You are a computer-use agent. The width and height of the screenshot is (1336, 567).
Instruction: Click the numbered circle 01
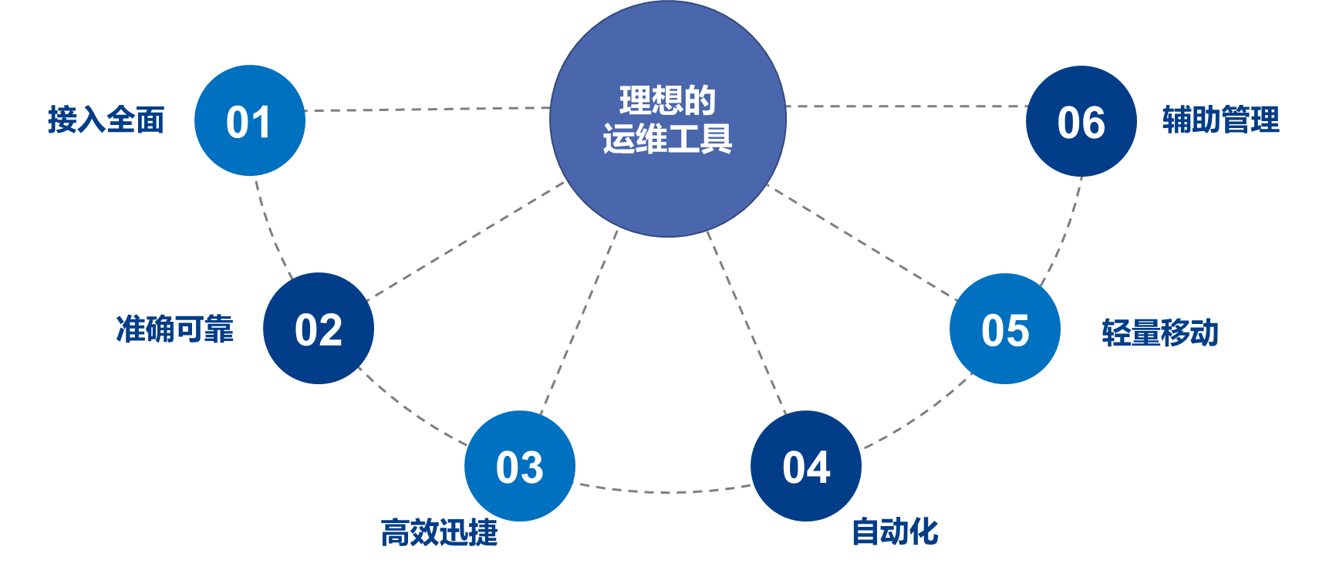pos(250,120)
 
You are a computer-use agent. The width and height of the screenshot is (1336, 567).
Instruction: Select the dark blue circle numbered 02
pos(319,329)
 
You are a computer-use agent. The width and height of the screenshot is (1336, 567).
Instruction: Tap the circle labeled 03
pos(520,466)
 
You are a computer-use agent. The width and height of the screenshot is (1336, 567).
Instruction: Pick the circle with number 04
pos(806,466)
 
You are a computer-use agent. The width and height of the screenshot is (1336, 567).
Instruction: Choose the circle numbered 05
pos(1005,329)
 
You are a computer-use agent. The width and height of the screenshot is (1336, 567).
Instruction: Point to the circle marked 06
pos(1081,121)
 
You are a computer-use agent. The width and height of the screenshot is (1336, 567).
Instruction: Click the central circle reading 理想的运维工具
pos(668,119)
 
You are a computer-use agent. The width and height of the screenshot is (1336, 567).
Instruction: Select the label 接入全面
pos(106,120)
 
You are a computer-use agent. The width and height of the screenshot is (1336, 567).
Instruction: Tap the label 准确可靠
pos(174,329)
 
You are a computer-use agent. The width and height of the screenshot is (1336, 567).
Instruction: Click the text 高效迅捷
pos(439,532)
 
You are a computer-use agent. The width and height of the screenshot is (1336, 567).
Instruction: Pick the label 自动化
pos(895,532)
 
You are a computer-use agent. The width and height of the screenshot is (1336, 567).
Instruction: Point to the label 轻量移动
pos(1160,332)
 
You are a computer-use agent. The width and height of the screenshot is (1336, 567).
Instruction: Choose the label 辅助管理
pos(1220,120)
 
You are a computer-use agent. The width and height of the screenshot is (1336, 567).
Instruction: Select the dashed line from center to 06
pos(906,106)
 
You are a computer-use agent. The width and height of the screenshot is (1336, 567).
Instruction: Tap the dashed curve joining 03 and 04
pos(663,491)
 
